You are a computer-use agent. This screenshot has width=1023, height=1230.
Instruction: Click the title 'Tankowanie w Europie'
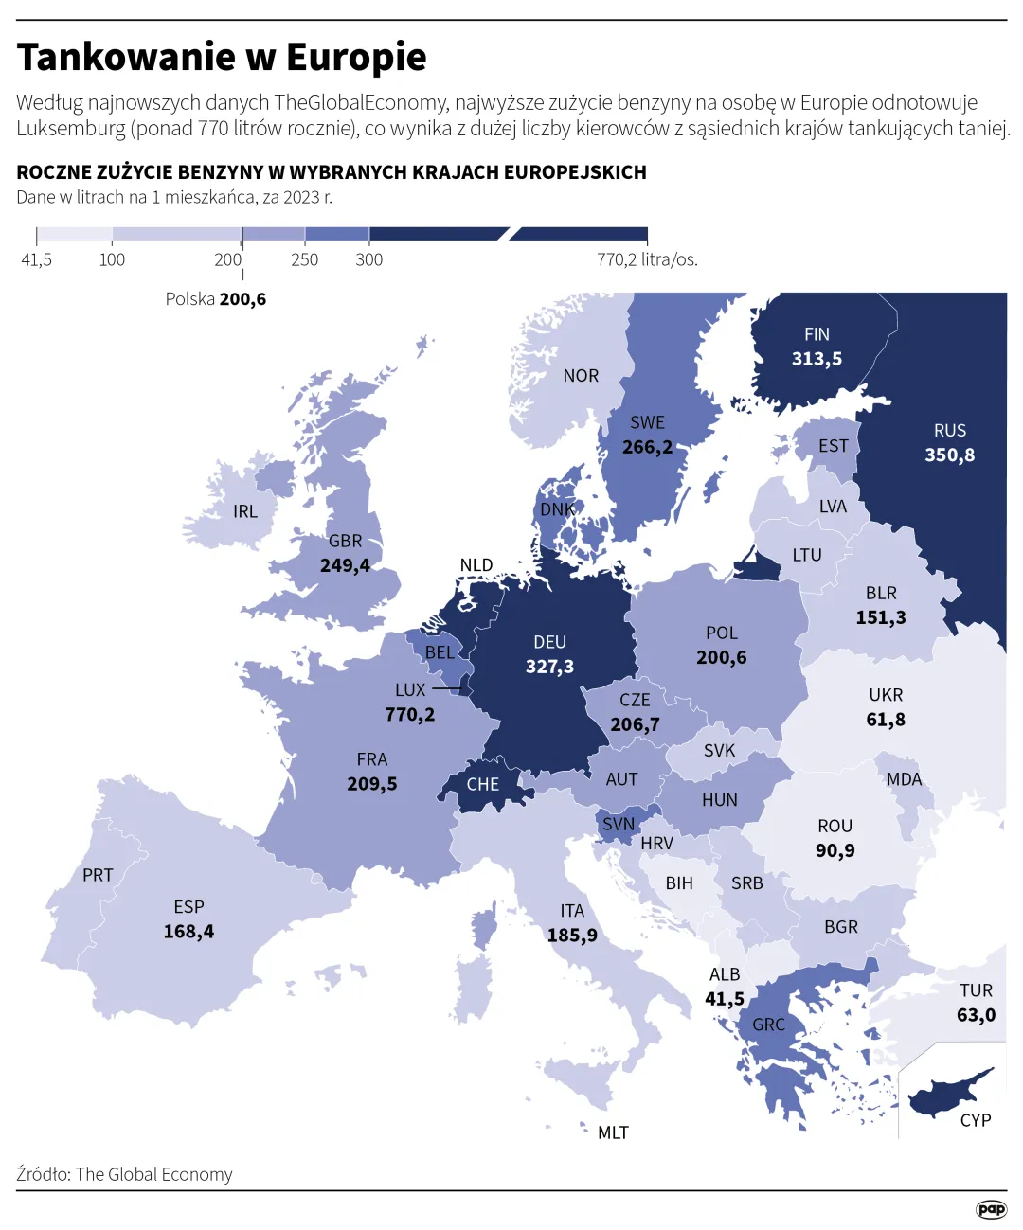tap(222, 58)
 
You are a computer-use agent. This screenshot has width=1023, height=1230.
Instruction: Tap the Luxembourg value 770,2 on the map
tap(409, 715)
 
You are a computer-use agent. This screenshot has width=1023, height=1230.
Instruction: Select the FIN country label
tap(817, 334)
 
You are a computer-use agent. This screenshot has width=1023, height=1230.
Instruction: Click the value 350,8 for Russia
tap(949, 455)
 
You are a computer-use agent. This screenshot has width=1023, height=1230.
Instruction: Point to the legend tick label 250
tap(304, 260)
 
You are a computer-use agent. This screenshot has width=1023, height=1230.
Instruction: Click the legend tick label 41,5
tap(36, 260)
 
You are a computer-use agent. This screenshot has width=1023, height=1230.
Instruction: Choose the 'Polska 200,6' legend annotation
tap(215, 299)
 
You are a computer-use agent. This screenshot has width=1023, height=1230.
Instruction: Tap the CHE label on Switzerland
tap(482, 785)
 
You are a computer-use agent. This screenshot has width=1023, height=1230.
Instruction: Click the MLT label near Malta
tap(613, 1132)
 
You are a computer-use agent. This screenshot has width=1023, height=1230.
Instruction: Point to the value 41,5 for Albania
tap(725, 999)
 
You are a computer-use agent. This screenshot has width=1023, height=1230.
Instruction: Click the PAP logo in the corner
tap(991, 1209)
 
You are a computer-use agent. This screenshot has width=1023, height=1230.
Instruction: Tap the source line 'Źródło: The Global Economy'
tap(124, 1174)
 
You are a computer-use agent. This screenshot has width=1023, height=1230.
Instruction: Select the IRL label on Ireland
tap(245, 511)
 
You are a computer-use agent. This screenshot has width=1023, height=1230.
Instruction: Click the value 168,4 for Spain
tap(188, 932)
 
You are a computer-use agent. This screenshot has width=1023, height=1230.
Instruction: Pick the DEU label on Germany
tap(549, 642)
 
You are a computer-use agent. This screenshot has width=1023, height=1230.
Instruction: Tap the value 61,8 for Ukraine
tap(886, 720)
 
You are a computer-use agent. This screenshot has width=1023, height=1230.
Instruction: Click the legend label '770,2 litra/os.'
tap(647, 260)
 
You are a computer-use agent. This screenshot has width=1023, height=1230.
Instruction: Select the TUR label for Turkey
tap(976, 990)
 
